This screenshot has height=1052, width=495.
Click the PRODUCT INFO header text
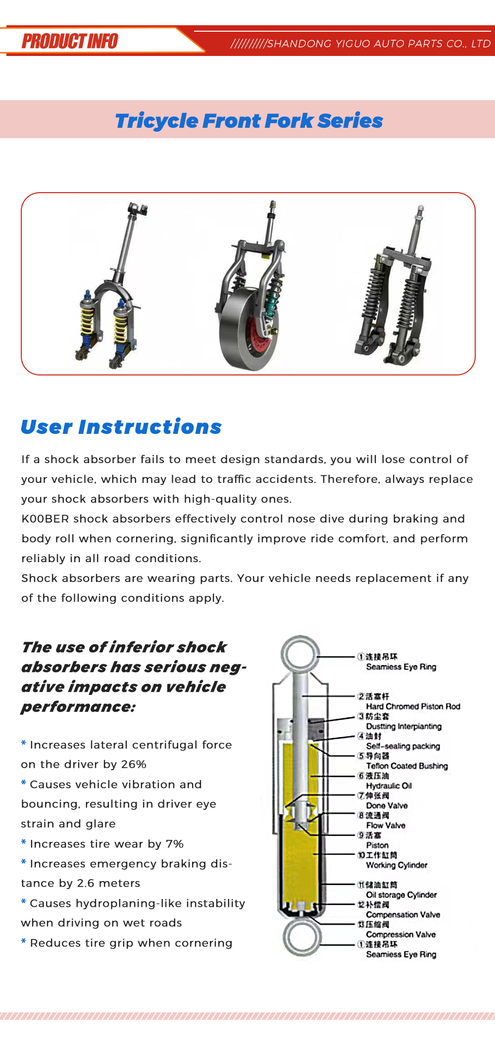click(x=70, y=41)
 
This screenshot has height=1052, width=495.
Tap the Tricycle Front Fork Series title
click(x=249, y=121)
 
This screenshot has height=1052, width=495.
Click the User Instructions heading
click(x=121, y=427)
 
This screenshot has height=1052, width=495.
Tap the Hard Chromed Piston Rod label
click(x=413, y=706)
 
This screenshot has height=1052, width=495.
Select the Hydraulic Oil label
click(x=389, y=786)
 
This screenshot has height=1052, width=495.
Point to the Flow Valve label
click(x=386, y=825)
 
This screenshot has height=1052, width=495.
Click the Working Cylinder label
click(x=396, y=865)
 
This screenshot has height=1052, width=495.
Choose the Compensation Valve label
click(x=403, y=914)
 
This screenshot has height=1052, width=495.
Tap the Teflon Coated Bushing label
click(x=407, y=766)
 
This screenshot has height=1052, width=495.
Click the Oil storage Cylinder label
click(x=401, y=894)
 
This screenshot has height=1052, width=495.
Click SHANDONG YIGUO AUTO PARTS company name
click(x=379, y=44)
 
